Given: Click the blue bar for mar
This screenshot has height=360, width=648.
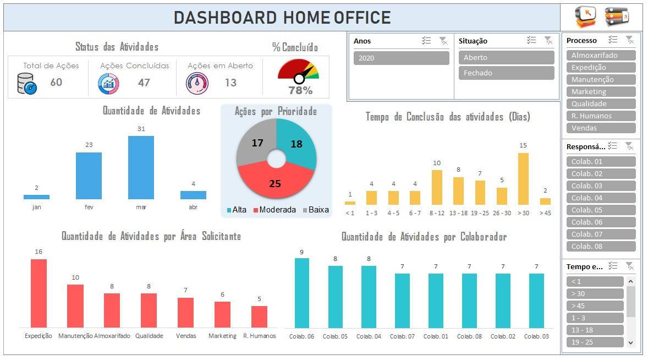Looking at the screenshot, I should tap(141, 167).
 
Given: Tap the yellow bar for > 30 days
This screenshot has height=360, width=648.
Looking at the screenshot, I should tap(523, 179).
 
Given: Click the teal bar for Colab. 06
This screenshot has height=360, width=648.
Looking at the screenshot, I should tap(302, 293).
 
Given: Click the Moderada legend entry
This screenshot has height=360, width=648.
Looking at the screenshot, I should tap(274, 210).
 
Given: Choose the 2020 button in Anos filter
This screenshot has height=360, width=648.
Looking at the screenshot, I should tap(401, 58).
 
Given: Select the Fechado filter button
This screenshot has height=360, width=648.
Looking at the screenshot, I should tap(506, 73).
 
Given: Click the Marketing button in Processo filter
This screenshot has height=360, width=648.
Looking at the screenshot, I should tap(601, 91).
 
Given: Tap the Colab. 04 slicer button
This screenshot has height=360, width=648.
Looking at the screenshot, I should tap(601, 198).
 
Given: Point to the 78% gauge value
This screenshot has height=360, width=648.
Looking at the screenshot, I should tap(300, 90).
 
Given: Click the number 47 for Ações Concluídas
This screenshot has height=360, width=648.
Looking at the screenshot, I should tap(144, 83).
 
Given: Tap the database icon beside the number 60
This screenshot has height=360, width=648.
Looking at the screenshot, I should tap(26, 83).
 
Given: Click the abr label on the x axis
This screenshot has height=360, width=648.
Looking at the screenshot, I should tap(193, 208).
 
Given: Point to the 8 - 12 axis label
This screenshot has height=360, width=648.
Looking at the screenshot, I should tap(437, 213).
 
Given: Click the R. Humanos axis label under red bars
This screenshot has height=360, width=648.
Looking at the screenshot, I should tap(260, 336).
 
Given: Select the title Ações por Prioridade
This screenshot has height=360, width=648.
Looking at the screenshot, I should tap(276, 112).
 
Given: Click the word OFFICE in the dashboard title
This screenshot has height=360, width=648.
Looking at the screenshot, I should tap(363, 18).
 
